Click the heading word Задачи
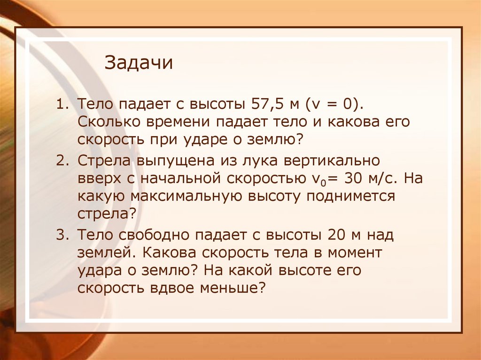[139, 62]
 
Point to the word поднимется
[351, 196]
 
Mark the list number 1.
[61, 103]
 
